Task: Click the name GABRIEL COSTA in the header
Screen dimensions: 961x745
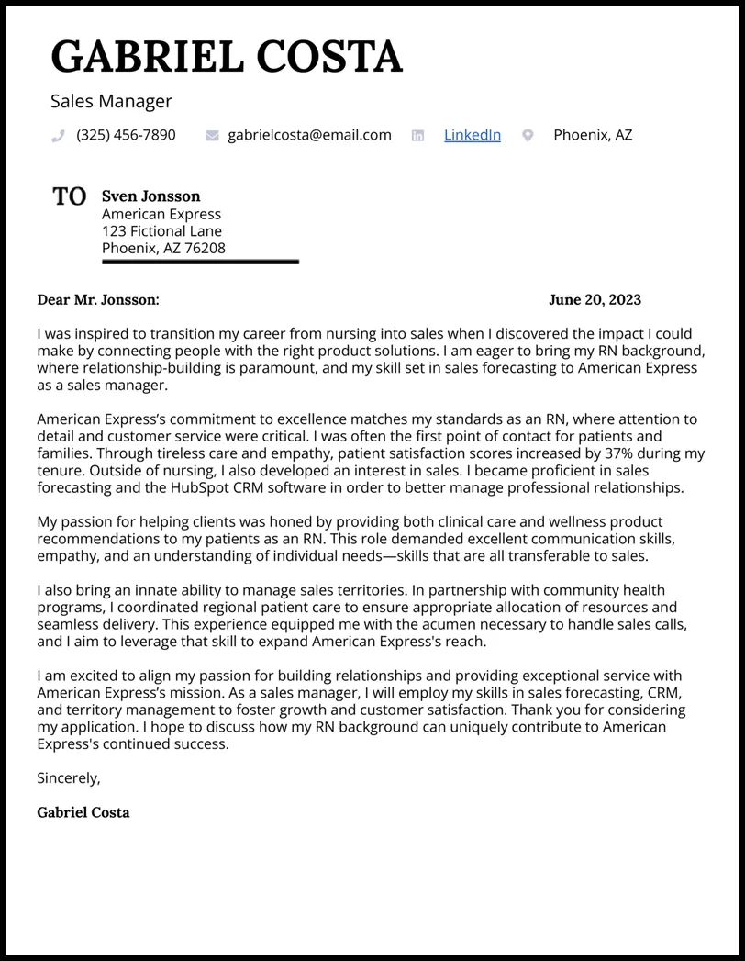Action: pyautogui.click(x=227, y=57)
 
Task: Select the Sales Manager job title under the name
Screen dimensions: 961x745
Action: pyautogui.click(x=111, y=101)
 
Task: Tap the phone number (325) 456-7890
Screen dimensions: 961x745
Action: pyautogui.click(x=126, y=135)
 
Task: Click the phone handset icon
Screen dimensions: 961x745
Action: pyautogui.click(x=58, y=136)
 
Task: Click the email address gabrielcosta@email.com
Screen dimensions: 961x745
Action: pyautogui.click(x=309, y=135)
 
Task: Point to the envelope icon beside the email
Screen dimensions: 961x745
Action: pyautogui.click(x=212, y=136)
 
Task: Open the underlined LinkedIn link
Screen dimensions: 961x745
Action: pyautogui.click(x=472, y=135)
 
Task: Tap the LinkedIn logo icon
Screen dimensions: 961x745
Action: pyautogui.click(x=418, y=136)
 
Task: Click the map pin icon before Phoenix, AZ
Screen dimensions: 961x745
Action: pyautogui.click(x=528, y=136)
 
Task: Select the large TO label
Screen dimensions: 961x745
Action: pyautogui.click(x=70, y=196)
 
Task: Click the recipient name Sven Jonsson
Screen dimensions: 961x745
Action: pyautogui.click(x=150, y=196)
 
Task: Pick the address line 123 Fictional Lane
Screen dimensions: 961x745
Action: pyautogui.click(x=161, y=230)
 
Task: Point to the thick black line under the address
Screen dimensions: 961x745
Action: pyautogui.click(x=200, y=262)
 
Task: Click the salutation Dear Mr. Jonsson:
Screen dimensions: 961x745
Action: pyautogui.click(x=98, y=299)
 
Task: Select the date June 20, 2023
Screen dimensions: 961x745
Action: pyautogui.click(x=595, y=299)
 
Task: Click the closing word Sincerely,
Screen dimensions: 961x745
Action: pyautogui.click(x=68, y=777)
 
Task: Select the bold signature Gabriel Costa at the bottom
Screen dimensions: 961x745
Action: pyautogui.click(x=83, y=812)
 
